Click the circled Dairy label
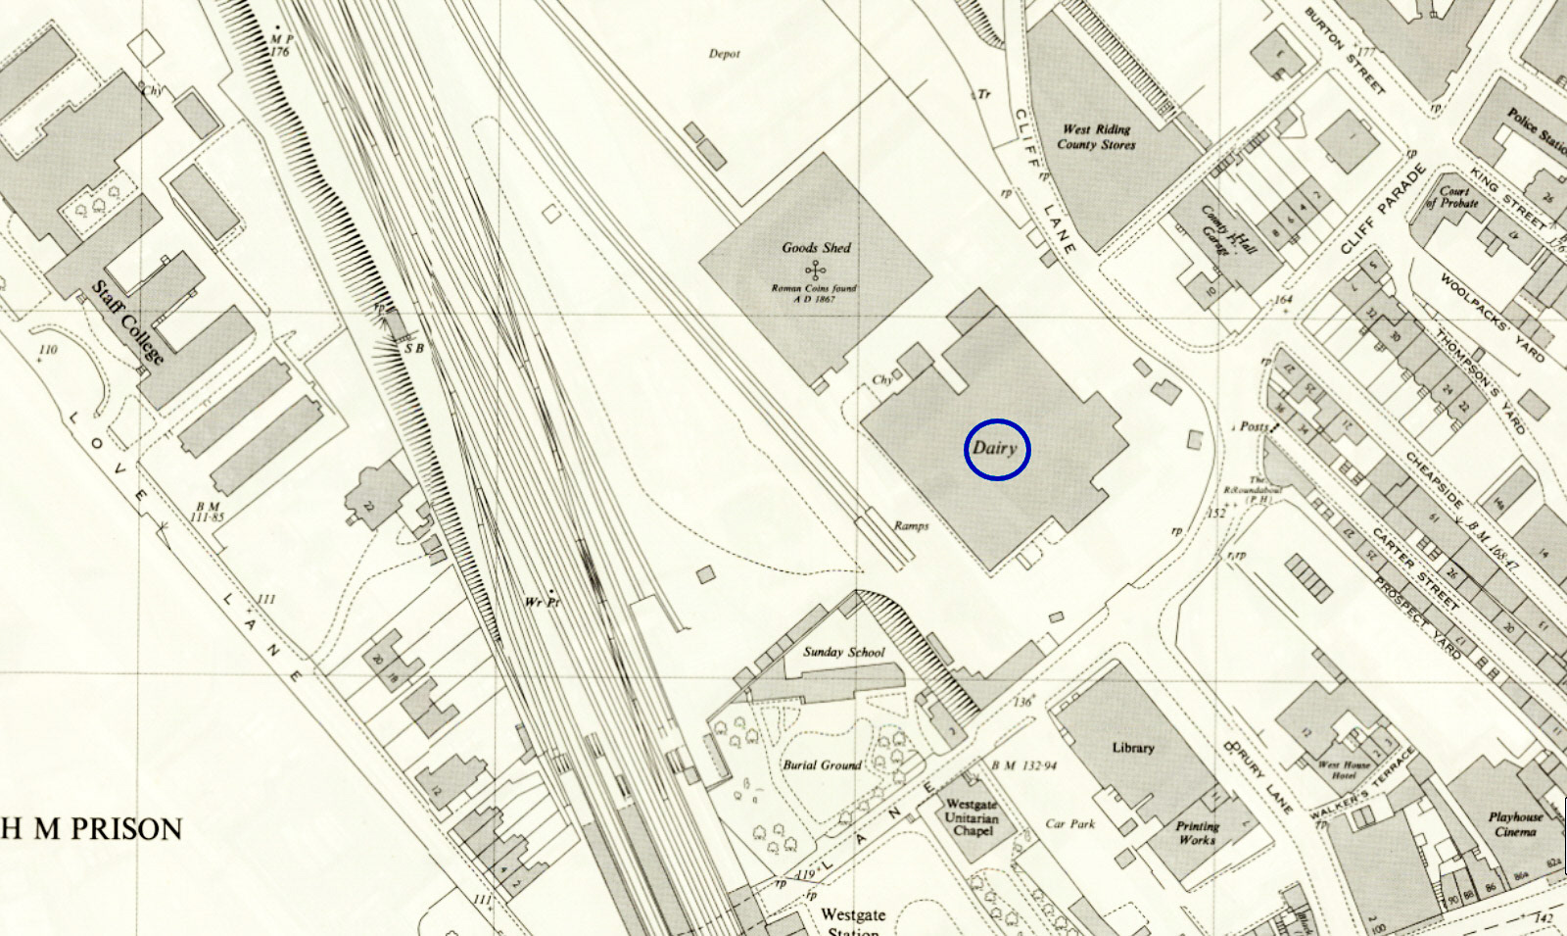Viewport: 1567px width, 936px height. click(996, 449)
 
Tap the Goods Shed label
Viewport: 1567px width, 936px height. click(816, 248)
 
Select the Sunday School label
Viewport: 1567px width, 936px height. click(843, 652)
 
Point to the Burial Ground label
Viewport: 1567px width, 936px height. click(822, 765)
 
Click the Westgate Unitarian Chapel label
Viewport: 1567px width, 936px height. click(972, 817)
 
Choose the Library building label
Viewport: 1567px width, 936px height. click(1133, 748)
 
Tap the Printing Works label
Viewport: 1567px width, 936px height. click(1197, 833)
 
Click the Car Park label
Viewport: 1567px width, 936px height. click(1069, 824)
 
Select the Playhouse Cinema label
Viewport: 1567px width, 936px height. click(1515, 824)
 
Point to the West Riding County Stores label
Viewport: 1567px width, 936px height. click(1096, 137)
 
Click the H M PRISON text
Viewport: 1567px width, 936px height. click(92, 829)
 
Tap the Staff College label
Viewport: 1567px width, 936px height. click(127, 321)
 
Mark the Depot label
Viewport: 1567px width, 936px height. click(725, 54)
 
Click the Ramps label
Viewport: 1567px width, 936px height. click(911, 526)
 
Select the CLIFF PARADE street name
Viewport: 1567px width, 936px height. click(1384, 210)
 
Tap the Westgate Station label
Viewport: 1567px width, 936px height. click(853, 920)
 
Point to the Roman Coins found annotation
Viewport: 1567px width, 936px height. click(814, 293)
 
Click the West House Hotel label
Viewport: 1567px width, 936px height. click(1344, 769)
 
